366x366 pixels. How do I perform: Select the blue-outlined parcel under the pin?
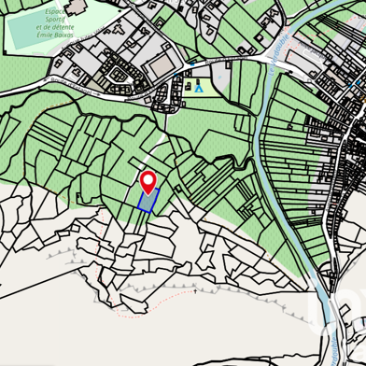(x=148, y=201)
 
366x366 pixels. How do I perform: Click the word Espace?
(x=62, y=11)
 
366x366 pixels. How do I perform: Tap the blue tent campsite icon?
(x=199, y=87)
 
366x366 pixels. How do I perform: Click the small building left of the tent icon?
(x=188, y=87)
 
